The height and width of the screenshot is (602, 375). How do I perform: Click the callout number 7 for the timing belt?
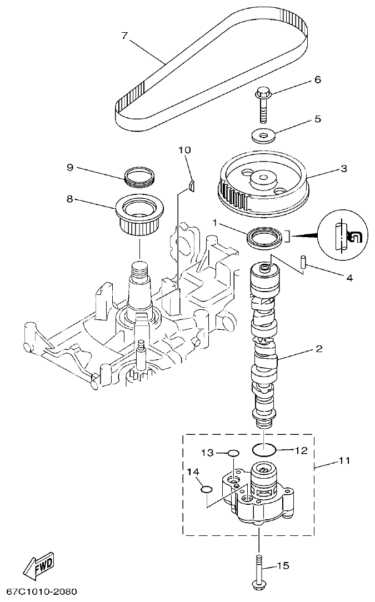(124, 36)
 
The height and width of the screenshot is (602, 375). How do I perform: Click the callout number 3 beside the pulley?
(344, 168)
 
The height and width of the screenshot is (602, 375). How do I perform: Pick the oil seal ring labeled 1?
(264, 237)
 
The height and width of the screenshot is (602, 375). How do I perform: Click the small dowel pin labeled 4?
(304, 262)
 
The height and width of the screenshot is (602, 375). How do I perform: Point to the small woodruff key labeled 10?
(192, 186)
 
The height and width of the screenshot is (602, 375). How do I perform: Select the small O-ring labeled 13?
(233, 454)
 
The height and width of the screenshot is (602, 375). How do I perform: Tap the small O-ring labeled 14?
(206, 489)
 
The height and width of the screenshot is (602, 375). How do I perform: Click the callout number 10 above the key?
(184, 150)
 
